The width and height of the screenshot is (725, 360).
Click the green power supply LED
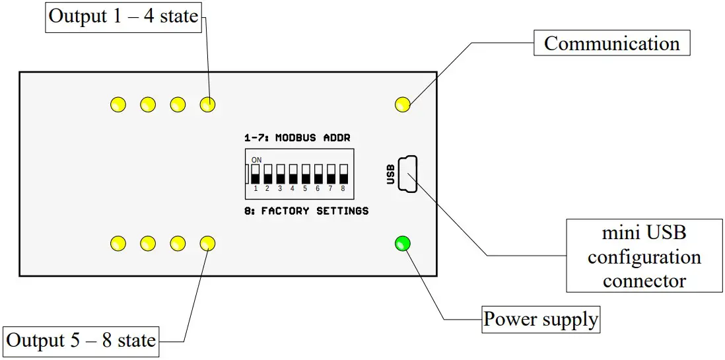pos(402,244)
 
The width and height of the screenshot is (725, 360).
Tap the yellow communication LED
pos(402,104)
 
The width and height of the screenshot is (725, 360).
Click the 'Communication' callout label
pos(611,44)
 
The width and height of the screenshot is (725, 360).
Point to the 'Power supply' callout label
pos(541,320)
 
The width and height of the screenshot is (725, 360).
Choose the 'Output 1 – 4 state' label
pos(123,16)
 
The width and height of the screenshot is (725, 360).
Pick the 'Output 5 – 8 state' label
pos(81,341)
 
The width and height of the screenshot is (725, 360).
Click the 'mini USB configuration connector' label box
pos(644,256)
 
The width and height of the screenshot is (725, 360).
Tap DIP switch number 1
pos(255,174)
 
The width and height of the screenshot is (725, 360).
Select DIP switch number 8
pos(343,174)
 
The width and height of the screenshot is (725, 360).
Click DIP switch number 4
pos(293,174)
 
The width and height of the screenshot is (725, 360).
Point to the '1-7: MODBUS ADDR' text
pos(297,138)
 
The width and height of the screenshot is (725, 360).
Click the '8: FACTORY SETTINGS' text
pos(306,211)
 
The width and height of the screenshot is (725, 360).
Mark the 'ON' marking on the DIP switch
pos(257,160)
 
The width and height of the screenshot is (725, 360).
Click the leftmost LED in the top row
pos(118,104)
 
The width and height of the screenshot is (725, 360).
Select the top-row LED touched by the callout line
pos(207,104)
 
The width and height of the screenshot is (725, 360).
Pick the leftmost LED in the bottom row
pos(118,244)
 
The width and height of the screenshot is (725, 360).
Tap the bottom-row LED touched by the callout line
pos(207,244)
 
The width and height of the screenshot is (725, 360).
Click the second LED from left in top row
pos(147,104)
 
